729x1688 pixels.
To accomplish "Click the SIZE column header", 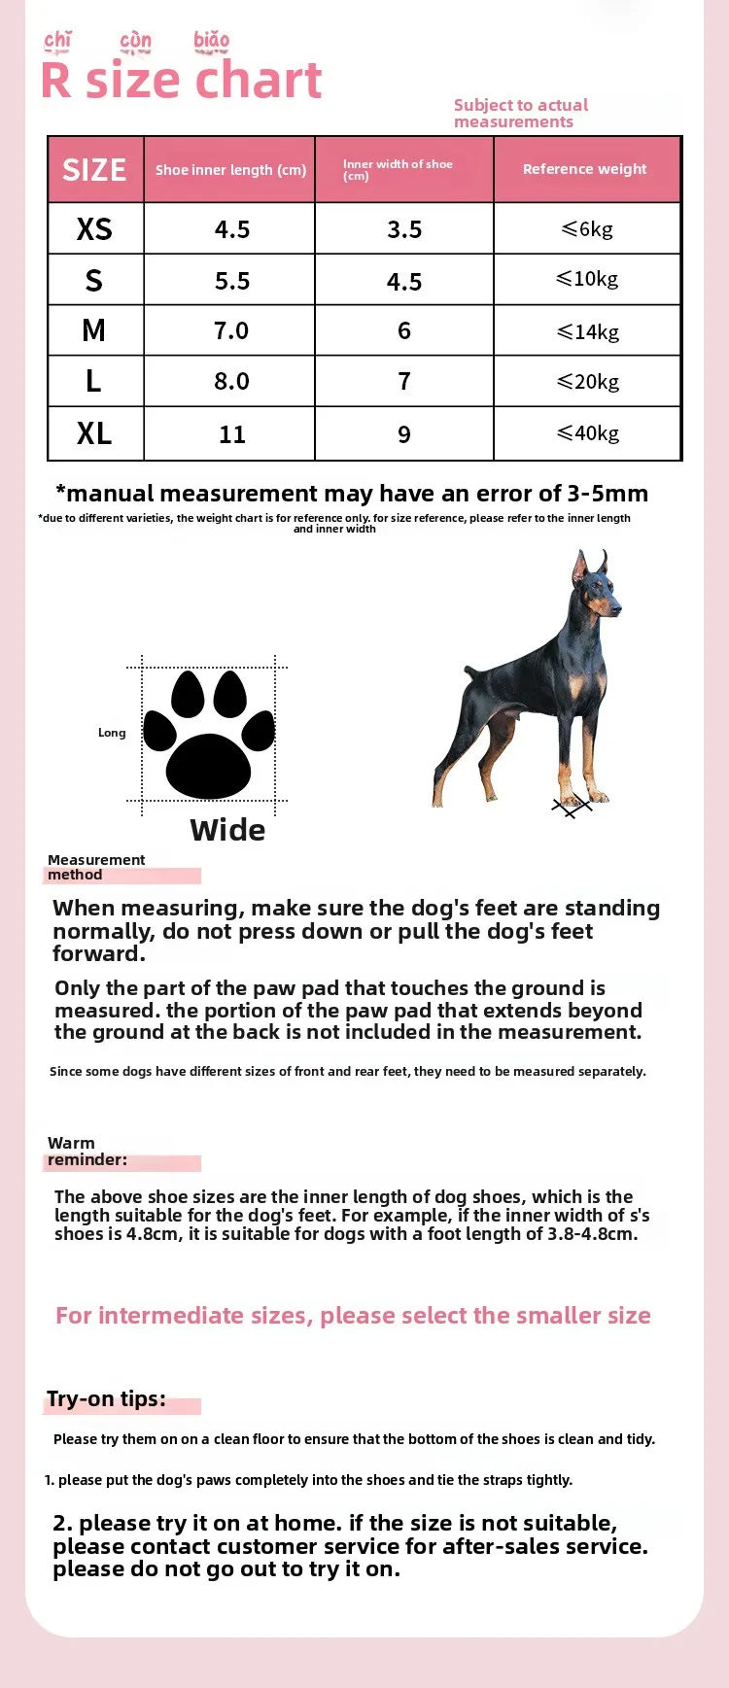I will tap(94, 170).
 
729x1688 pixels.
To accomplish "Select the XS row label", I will tap(94, 229).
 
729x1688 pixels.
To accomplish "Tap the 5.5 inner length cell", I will tap(232, 281).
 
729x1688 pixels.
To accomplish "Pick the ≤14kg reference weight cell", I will tap(588, 331).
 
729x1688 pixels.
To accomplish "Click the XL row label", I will tap(94, 433).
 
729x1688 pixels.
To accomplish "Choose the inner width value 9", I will tap(404, 434).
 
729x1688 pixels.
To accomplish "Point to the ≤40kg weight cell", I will tap(588, 433).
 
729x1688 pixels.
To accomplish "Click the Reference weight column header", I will tap(584, 169).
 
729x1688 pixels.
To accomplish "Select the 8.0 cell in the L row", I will tap(231, 381).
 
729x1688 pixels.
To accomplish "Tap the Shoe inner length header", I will tap(230, 170).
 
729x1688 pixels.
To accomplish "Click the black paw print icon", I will tap(209, 735).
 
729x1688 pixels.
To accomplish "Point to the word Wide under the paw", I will tap(227, 830).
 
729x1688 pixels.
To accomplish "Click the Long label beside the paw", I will tap(112, 733).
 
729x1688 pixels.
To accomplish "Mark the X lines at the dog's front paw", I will tap(572, 806).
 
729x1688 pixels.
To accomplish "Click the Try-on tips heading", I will tap(106, 1398).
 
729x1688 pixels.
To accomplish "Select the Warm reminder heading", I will tap(87, 1152).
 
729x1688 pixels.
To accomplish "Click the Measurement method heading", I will tap(95, 867).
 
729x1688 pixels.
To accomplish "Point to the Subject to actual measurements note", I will tap(520, 113).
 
